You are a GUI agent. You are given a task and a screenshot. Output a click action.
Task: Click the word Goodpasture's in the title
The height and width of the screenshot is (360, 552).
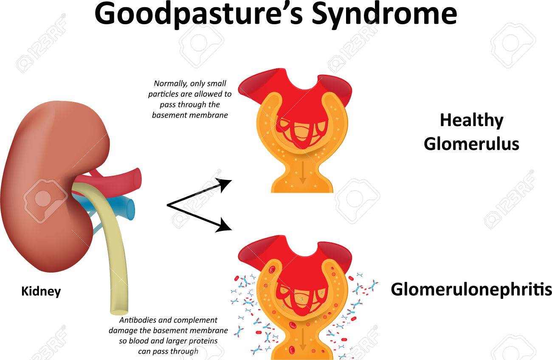(x=199, y=15)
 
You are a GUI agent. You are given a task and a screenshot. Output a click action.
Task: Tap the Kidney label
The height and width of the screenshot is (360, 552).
(x=41, y=292)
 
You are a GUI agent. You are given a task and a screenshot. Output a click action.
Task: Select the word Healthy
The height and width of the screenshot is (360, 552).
(x=471, y=121)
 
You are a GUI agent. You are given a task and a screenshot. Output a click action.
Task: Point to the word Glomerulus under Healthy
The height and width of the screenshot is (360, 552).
(x=471, y=144)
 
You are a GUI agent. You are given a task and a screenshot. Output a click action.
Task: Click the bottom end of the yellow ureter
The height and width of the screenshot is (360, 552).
(x=119, y=312)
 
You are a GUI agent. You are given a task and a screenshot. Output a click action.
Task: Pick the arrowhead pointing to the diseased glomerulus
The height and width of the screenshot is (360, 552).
(x=225, y=225)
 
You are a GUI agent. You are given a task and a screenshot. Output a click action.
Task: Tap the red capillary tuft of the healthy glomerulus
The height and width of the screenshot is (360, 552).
(x=302, y=133)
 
